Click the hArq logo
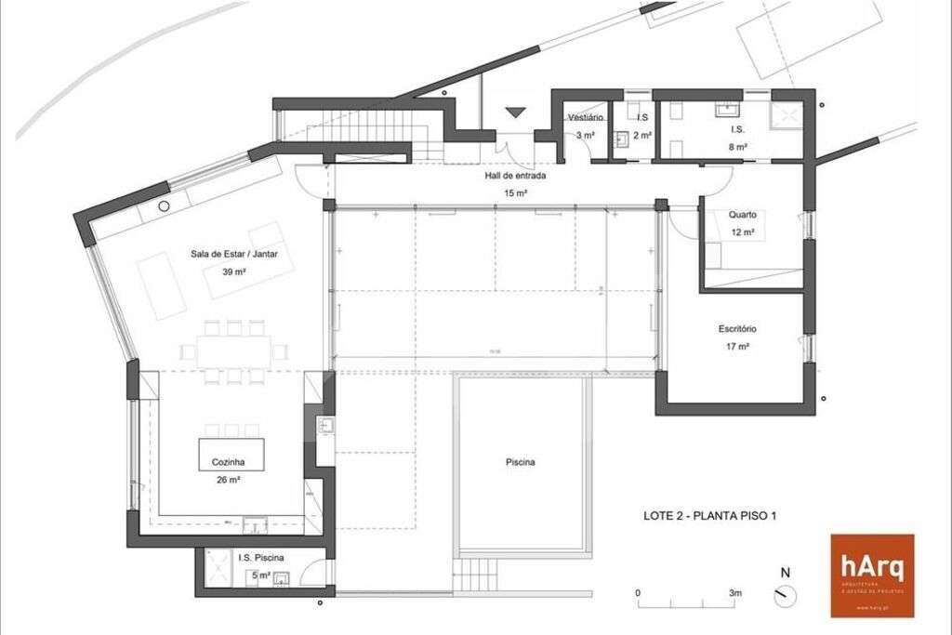[x=871, y=575]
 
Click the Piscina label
[x=521, y=462]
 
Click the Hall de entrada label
[x=514, y=175]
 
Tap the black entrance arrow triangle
[x=515, y=113]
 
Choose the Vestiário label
[x=587, y=118]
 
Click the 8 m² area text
[x=737, y=146]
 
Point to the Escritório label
[x=737, y=328]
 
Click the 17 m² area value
[x=737, y=346]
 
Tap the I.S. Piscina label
[x=261, y=558]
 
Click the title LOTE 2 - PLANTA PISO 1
[x=710, y=516]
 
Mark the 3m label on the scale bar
[x=734, y=592]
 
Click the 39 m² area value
[x=234, y=271]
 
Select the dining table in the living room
[x=234, y=351]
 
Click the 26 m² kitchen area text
[x=228, y=480]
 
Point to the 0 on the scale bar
[x=639, y=592]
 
